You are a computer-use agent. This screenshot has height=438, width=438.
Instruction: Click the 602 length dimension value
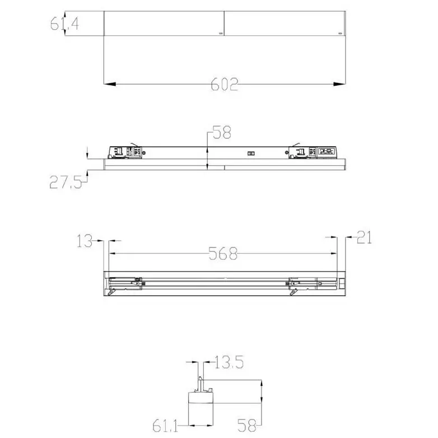[225, 84]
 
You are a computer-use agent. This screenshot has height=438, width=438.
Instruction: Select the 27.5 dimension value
[65, 183]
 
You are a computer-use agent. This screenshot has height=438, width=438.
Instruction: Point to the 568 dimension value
[223, 254]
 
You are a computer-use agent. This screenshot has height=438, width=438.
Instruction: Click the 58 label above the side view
[222, 133]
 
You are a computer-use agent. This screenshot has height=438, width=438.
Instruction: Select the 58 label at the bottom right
[246, 425]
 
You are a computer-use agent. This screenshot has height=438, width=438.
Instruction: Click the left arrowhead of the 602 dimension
[110, 85]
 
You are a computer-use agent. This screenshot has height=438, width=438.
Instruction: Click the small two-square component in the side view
[251, 152]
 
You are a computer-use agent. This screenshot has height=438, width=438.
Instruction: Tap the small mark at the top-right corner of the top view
[339, 33]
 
